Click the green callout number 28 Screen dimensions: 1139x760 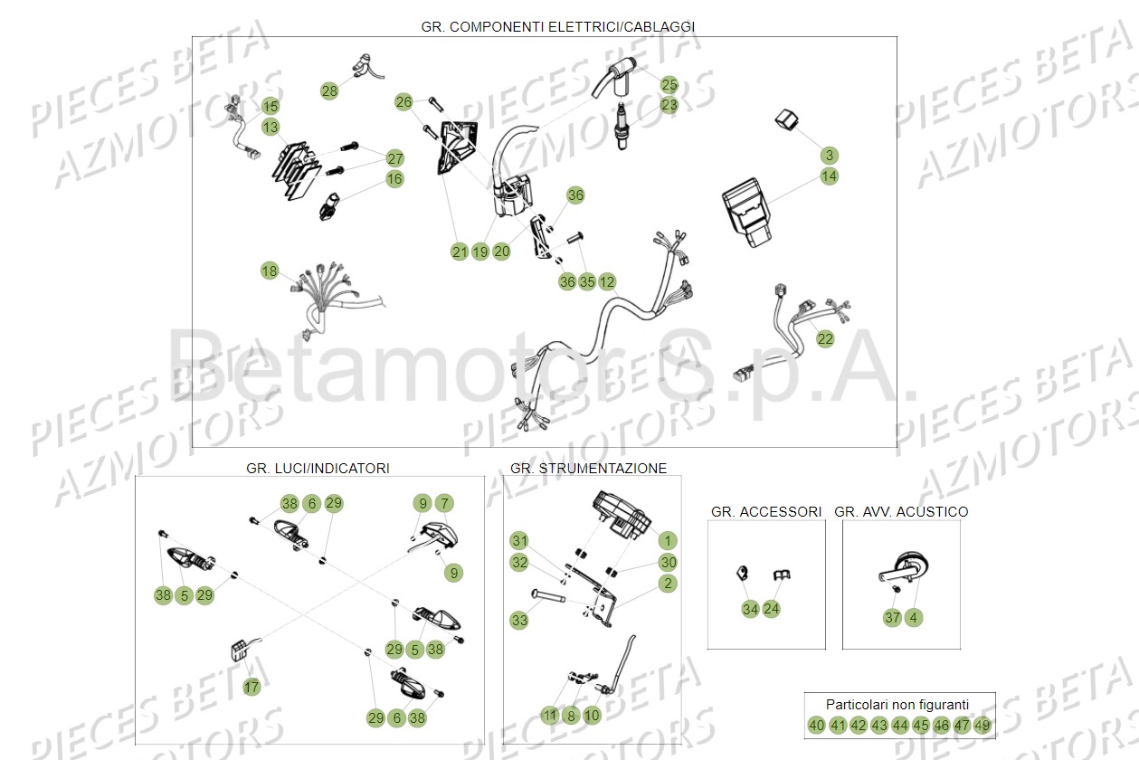(329, 91)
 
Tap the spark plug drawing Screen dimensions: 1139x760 (622, 126)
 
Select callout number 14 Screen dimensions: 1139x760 (829, 176)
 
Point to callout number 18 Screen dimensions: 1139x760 (270, 271)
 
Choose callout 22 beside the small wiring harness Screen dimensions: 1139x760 (825, 339)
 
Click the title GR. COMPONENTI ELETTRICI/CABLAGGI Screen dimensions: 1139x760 (558, 27)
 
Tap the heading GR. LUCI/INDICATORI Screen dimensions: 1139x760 (318, 468)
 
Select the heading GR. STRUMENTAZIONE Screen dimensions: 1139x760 (588, 468)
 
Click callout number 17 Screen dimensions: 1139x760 (252, 688)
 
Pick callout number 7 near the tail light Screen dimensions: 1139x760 (444, 503)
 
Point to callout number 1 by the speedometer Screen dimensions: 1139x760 (668, 540)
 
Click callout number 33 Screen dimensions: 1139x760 (519, 620)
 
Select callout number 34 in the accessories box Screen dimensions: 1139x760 (750, 609)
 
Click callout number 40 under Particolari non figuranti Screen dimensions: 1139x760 (817, 726)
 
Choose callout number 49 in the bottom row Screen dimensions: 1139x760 (982, 726)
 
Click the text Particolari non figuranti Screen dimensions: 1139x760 (897, 705)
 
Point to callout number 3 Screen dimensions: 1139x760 (830, 156)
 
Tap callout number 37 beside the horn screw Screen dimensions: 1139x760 (892, 618)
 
